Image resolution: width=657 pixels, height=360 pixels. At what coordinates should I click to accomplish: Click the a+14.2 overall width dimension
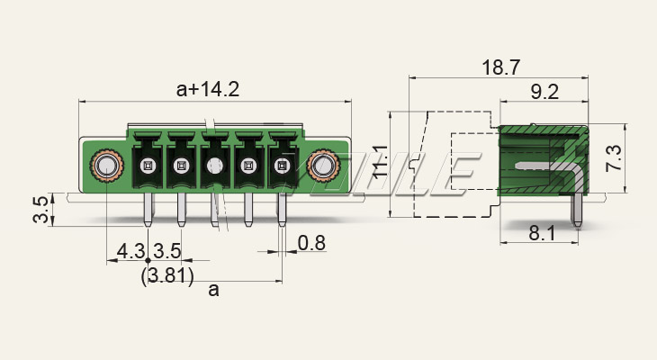[208, 89]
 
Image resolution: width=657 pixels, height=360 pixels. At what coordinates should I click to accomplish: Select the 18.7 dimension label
[501, 67]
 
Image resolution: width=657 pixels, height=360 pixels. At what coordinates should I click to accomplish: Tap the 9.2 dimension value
[544, 92]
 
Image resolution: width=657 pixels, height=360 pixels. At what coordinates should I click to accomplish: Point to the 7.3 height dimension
[615, 158]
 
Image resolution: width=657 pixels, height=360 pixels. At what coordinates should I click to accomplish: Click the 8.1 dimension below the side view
[542, 233]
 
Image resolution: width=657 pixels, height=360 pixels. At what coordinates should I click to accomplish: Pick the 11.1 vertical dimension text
[381, 162]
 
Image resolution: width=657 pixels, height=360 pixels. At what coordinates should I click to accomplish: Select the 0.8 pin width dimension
[311, 243]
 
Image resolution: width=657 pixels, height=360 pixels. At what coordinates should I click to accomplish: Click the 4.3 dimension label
[130, 251]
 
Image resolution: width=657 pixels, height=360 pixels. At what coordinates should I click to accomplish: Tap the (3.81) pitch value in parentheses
[167, 276]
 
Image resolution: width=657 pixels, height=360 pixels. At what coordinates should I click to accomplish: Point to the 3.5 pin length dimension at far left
[41, 210]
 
